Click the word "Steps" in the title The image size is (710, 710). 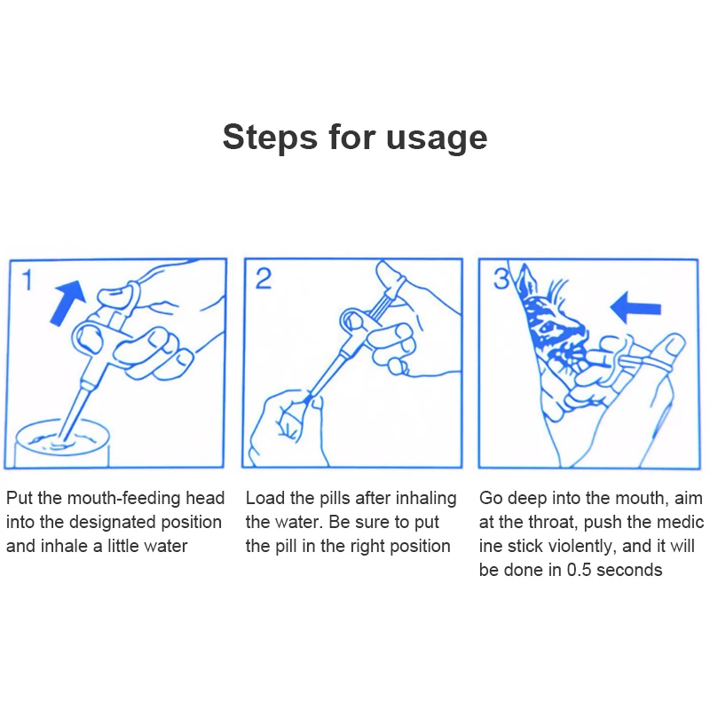pos(270,138)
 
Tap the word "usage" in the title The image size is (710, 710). pos(437,138)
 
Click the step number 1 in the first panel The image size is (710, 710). pos(28,280)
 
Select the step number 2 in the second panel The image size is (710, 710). pos(263,279)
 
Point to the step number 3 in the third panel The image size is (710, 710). pos(501,279)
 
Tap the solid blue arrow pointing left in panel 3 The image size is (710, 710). pos(635,307)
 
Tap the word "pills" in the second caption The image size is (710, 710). pos(335,498)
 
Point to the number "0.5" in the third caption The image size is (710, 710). pos(579,570)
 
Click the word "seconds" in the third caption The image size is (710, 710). pos(629,570)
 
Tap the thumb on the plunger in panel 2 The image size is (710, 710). pos(389,276)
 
